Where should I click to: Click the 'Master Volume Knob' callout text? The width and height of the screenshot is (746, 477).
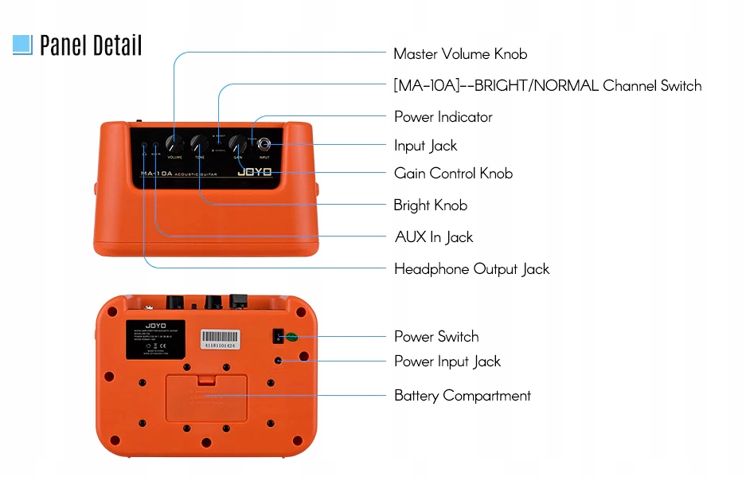(460, 54)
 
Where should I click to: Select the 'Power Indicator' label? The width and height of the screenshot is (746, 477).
(443, 117)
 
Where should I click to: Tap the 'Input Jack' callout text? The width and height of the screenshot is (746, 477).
(426, 146)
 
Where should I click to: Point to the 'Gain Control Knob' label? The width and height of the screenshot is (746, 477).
(453, 174)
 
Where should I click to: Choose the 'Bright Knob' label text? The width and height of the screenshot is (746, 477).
(430, 205)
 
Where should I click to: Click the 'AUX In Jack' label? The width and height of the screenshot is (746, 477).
(434, 237)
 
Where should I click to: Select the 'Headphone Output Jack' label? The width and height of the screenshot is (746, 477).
(471, 269)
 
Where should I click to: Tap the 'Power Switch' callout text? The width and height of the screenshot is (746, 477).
(436, 337)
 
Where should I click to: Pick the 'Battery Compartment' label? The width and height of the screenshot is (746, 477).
(463, 396)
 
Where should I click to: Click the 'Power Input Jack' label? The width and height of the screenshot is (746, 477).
(447, 362)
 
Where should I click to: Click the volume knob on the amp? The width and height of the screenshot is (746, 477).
(174, 144)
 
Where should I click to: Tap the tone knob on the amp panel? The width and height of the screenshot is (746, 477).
(199, 144)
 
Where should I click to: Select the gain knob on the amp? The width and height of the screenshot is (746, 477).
(237, 144)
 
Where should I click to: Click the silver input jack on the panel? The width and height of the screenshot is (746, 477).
(264, 145)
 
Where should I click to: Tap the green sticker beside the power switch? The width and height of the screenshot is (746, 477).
(291, 337)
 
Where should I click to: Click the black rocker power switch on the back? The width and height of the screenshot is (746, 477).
(279, 336)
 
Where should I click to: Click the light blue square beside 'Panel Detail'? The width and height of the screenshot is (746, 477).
(22, 45)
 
